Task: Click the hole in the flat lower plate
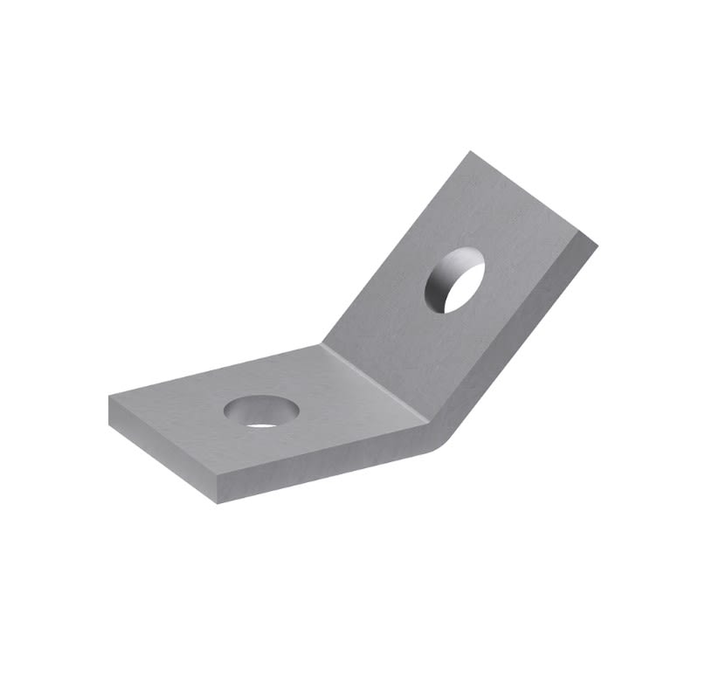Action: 260,411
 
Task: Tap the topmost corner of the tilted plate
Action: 472,152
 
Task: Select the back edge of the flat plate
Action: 214,370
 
